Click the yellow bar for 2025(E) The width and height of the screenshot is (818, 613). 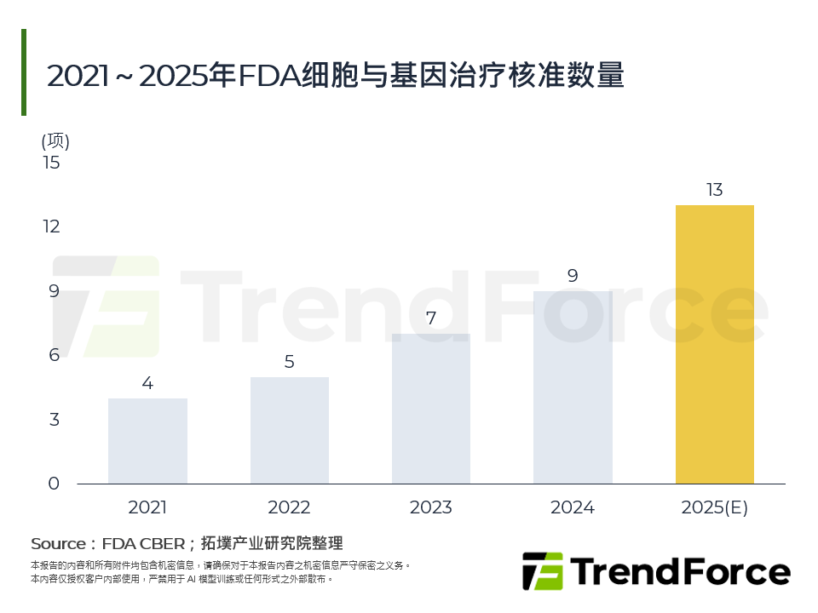coord(714,344)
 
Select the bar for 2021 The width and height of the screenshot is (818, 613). coord(147,441)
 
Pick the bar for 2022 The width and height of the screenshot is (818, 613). coord(289,430)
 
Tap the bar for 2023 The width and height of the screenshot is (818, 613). coord(430,409)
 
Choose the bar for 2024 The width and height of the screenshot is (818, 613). coord(573,387)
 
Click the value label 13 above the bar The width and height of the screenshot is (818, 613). coord(714,190)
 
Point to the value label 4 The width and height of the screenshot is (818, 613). coord(147,383)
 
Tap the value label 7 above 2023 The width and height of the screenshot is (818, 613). coord(430,318)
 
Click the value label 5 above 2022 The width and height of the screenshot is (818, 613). coord(289,362)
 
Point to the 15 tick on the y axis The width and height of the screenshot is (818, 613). coord(52,162)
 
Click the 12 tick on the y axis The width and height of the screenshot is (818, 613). coord(52,226)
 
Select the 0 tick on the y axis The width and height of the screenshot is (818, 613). coord(54,484)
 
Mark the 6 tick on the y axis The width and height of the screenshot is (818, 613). coord(54,355)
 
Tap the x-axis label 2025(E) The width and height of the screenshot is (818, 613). coord(714,508)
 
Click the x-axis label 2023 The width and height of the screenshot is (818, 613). coord(430,508)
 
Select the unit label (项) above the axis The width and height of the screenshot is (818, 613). coord(55,140)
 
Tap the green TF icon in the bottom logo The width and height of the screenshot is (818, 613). coord(542,571)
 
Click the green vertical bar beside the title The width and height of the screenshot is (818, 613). coord(24,72)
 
